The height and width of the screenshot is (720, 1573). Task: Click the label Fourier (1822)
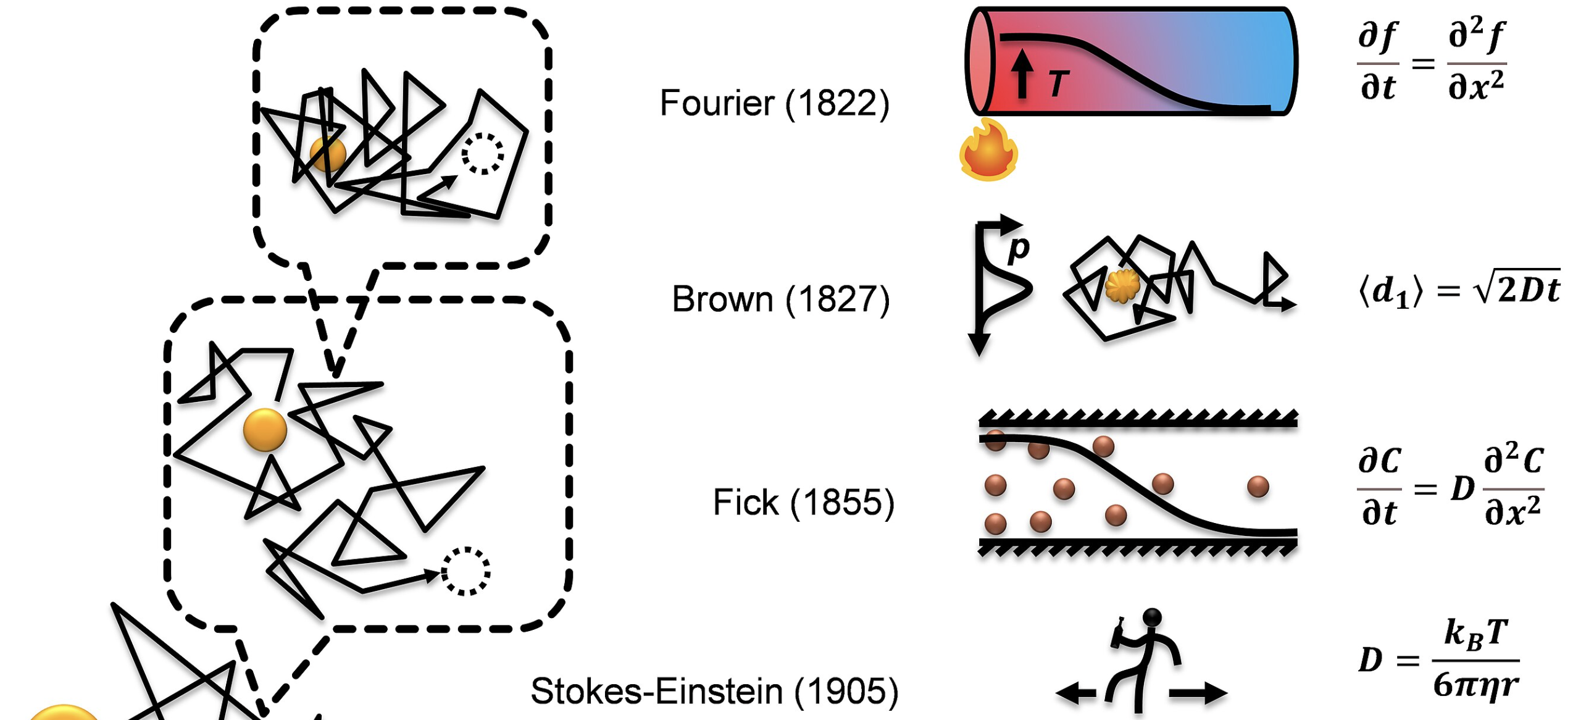pyautogui.click(x=774, y=103)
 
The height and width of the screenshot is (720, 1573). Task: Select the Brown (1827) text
pyautogui.click(x=780, y=299)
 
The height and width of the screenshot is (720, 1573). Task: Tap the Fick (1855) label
pyautogui.click(x=803, y=502)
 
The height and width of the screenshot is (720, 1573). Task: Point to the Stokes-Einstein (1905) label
pyautogui.click(x=714, y=691)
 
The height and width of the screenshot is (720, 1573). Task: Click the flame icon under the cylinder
pyautogui.click(x=988, y=151)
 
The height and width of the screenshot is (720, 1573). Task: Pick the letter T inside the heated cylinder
pyautogui.click(x=1059, y=83)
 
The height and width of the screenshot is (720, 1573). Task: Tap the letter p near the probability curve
pyautogui.click(x=1019, y=248)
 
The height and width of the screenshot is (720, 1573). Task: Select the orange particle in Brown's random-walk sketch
pyautogui.click(x=1122, y=285)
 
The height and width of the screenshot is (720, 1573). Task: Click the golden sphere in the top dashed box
pyautogui.click(x=328, y=154)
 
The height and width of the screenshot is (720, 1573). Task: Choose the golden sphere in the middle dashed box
pyautogui.click(x=265, y=430)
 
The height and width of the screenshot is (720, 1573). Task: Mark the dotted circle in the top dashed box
pyautogui.click(x=483, y=153)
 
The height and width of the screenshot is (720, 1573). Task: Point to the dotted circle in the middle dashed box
pyautogui.click(x=466, y=571)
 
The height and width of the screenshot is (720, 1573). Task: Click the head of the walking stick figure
pyautogui.click(x=1152, y=617)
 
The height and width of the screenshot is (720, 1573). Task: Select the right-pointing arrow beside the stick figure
pyautogui.click(x=1198, y=693)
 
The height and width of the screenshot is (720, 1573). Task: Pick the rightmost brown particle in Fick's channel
pyautogui.click(x=1258, y=487)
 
